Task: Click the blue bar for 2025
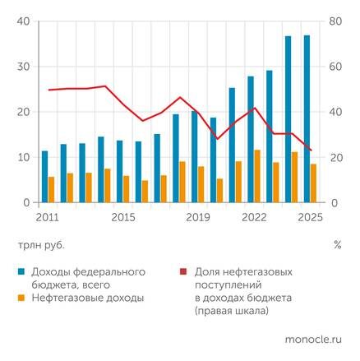click(307, 118)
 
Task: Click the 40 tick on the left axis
click(22, 21)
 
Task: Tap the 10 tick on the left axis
click(22, 157)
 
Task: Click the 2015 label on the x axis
click(122, 217)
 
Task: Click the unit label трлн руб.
click(39, 244)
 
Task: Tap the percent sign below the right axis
click(337, 244)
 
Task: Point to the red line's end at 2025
click(310, 150)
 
